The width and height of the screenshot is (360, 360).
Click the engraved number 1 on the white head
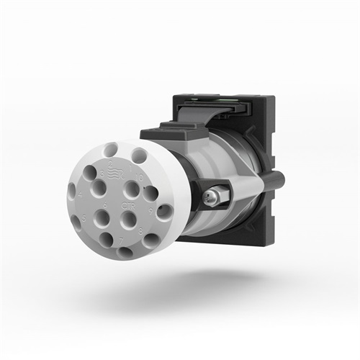click(x=130, y=167)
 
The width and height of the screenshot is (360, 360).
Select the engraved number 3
click(x=102, y=174)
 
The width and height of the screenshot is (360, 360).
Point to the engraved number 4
click(x=80, y=194)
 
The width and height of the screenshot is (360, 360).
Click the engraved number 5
click(x=84, y=218)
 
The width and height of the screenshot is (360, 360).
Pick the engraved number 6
click(x=105, y=205)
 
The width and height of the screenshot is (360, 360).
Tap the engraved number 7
click(x=121, y=241)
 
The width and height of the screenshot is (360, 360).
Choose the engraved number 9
click(x=150, y=212)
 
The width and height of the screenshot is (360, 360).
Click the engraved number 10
click(x=139, y=177)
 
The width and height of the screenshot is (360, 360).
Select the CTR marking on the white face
click(x=128, y=206)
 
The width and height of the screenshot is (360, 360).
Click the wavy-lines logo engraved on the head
click(x=116, y=174)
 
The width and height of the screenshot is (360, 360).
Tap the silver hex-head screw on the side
click(x=214, y=194)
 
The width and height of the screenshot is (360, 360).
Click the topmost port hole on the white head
click(x=111, y=150)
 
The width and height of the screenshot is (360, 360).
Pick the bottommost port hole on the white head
click(x=125, y=253)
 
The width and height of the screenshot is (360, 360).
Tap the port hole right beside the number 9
click(x=165, y=212)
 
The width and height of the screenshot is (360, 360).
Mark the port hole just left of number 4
click(x=71, y=192)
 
